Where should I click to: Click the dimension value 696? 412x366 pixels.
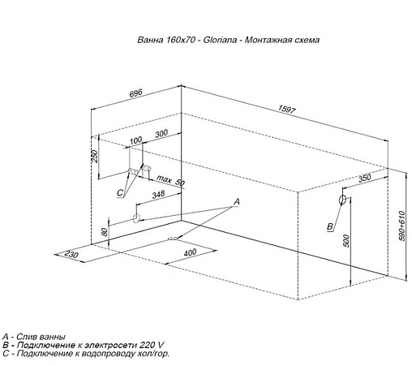pyautogui.click(x=136, y=93)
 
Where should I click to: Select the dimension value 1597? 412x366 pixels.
pyautogui.click(x=287, y=109)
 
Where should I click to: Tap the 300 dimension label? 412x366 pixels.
pyautogui.click(x=161, y=133)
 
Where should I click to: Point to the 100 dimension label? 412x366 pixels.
pyautogui.click(x=135, y=140)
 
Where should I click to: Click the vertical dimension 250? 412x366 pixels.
pyautogui.click(x=95, y=156)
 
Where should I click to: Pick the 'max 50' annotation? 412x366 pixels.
pyautogui.click(x=171, y=180)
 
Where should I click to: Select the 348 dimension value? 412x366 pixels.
pyautogui.click(x=158, y=194)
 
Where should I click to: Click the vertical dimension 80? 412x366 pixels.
pyautogui.click(x=105, y=232)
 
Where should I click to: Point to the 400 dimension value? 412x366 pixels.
pyautogui.click(x=190, y=253)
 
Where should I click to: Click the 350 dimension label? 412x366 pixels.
pyautogui.click(x=365, y=179)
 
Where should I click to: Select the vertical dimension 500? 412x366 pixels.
pyautogui.click(x=346, y=240)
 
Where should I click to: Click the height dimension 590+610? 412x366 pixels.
pyautogui.click(x=402, y=226)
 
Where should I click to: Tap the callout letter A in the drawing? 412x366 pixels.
pyautogui.click(x=237, y=201)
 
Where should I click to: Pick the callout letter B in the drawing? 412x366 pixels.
pyautogui.click(x=330, y=226)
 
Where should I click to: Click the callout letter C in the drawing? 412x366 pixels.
pyautogui.click(x=120, y=193)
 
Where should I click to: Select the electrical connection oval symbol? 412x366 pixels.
pyautogui.click(x=342, y=200)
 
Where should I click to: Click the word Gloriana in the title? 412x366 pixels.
pyautogui.click(x=220, y=40)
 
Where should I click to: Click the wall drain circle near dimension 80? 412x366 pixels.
pyautogui.click(x=135, y=217)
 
